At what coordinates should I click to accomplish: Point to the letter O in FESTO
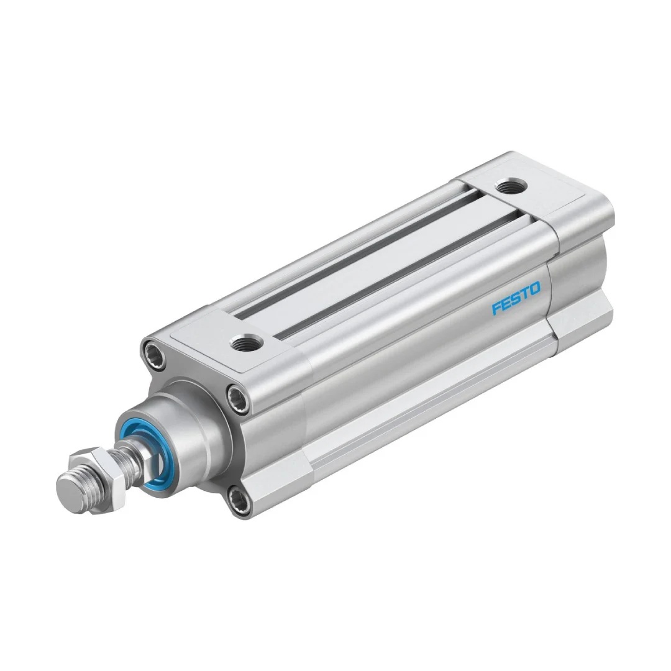pyautogui.click(x=534, y=289)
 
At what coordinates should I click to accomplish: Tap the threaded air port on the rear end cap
pyautogui.click(x=511, y=187)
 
